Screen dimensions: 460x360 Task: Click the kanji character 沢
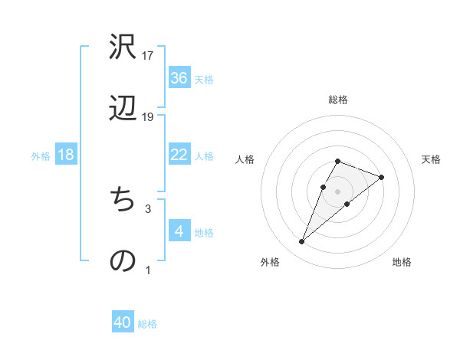[123, 47]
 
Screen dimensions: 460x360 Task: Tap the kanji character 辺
[123, 110]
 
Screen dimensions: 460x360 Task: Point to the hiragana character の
[123, 261]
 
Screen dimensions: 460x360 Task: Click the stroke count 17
[148, 56]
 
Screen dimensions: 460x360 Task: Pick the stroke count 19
[148, 117]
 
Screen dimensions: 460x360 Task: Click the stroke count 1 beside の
[148, 270]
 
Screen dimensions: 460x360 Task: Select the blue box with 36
[179, 77]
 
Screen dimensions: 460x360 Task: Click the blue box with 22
[179, 155]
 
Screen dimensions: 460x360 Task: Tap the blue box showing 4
[179, 231]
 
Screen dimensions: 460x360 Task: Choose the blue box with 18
[66, 155]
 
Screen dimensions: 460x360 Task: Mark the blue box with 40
[123, 322]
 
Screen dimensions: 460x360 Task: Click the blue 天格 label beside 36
[204, 79]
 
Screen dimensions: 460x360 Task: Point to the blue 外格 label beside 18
[41, 156]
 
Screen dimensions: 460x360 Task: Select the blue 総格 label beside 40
[147, 324]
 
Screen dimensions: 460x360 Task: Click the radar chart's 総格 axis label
[338, 100]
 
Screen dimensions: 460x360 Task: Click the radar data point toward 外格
[302, 242]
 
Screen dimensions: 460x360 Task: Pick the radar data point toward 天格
[382, 177]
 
